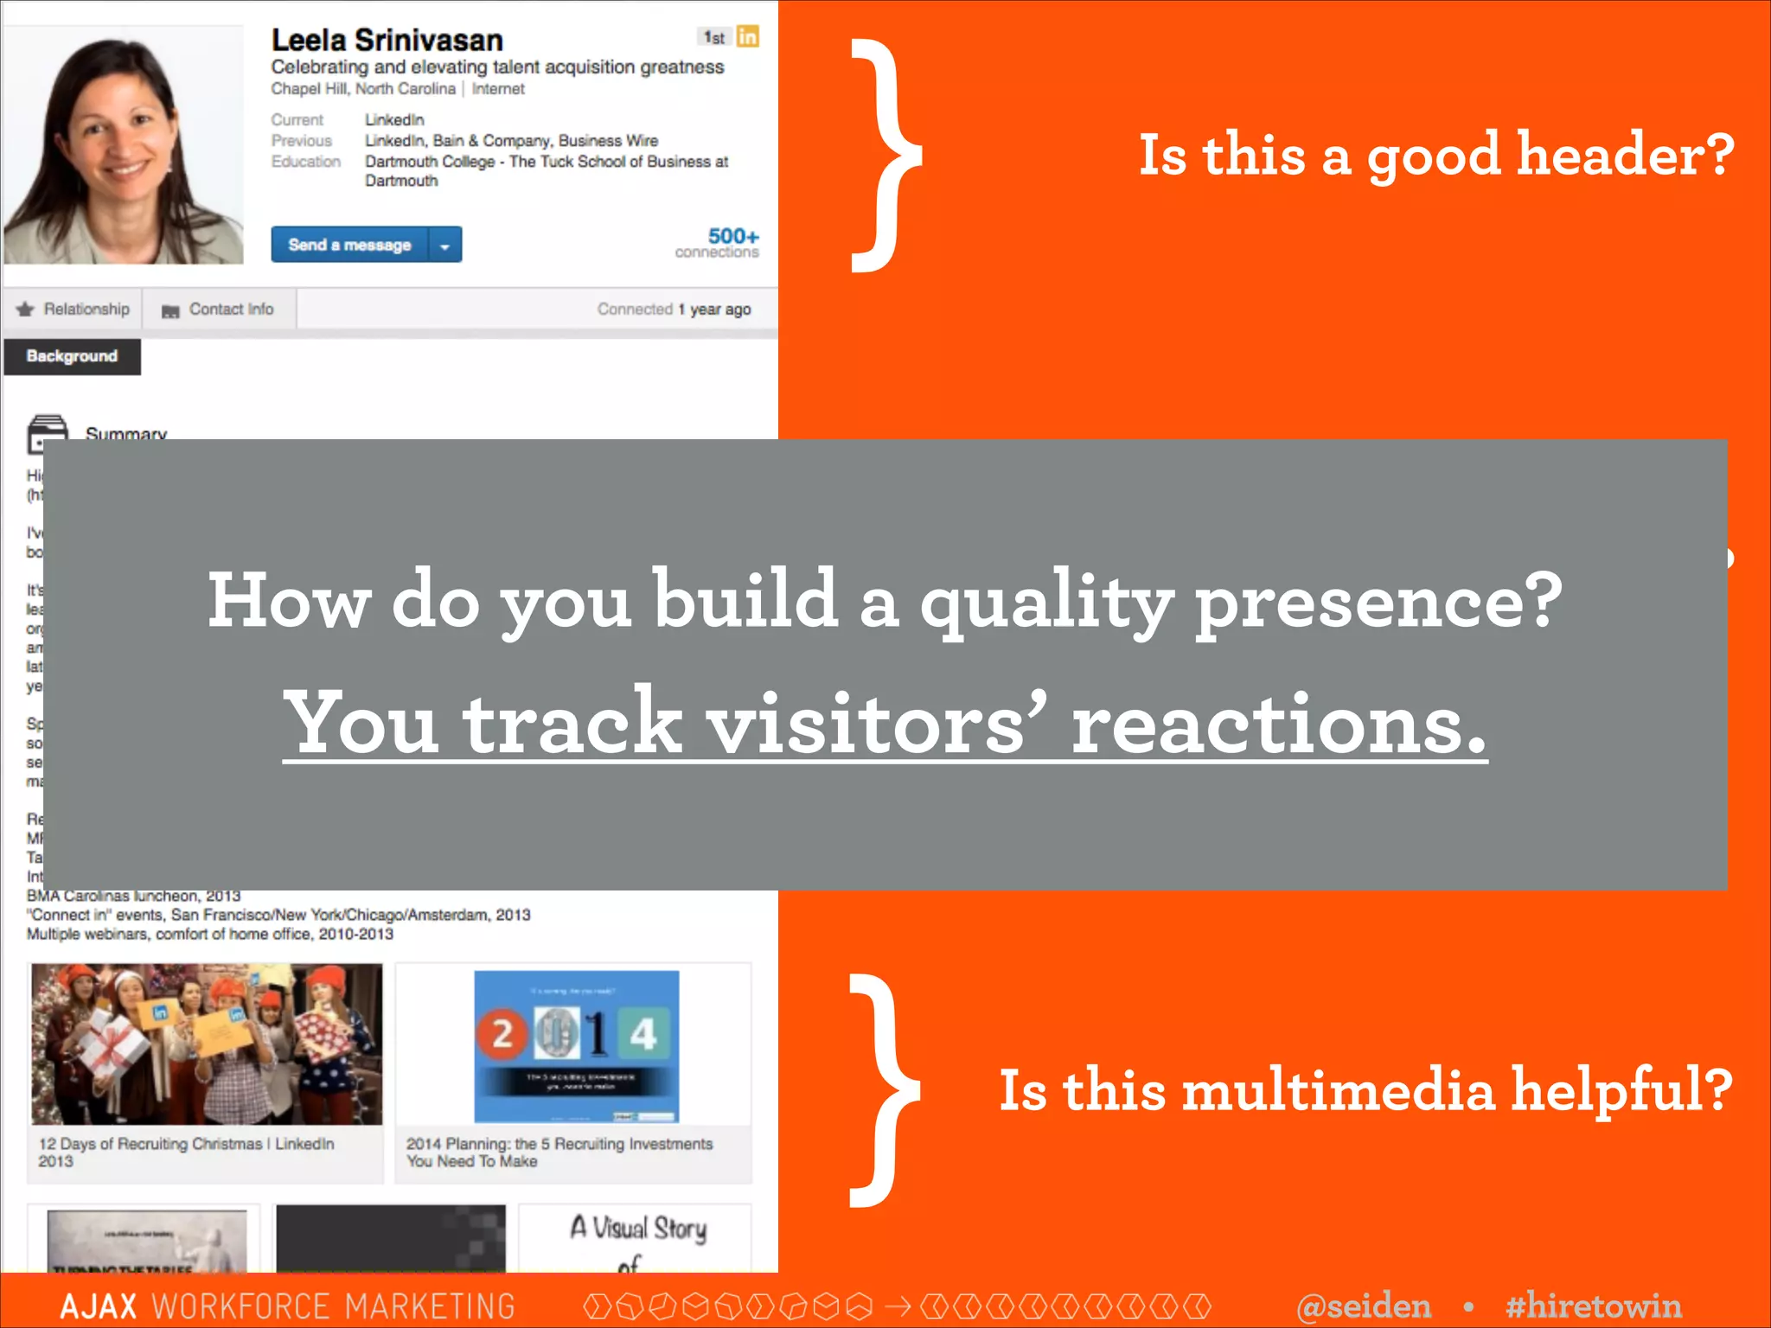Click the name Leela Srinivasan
[387, 40]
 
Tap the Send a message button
[349, 245]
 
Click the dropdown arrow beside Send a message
[444, 246]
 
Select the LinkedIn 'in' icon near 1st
[747, 36]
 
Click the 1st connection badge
[714, 37]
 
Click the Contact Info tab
[219, 310]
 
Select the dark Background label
[72, 356]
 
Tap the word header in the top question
[1626, 156]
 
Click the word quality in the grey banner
[1045, 601]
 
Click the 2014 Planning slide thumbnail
[576, 1046]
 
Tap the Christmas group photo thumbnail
[207, 1044]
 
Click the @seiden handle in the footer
[1364, 1306]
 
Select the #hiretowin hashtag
[1593, 1306]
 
